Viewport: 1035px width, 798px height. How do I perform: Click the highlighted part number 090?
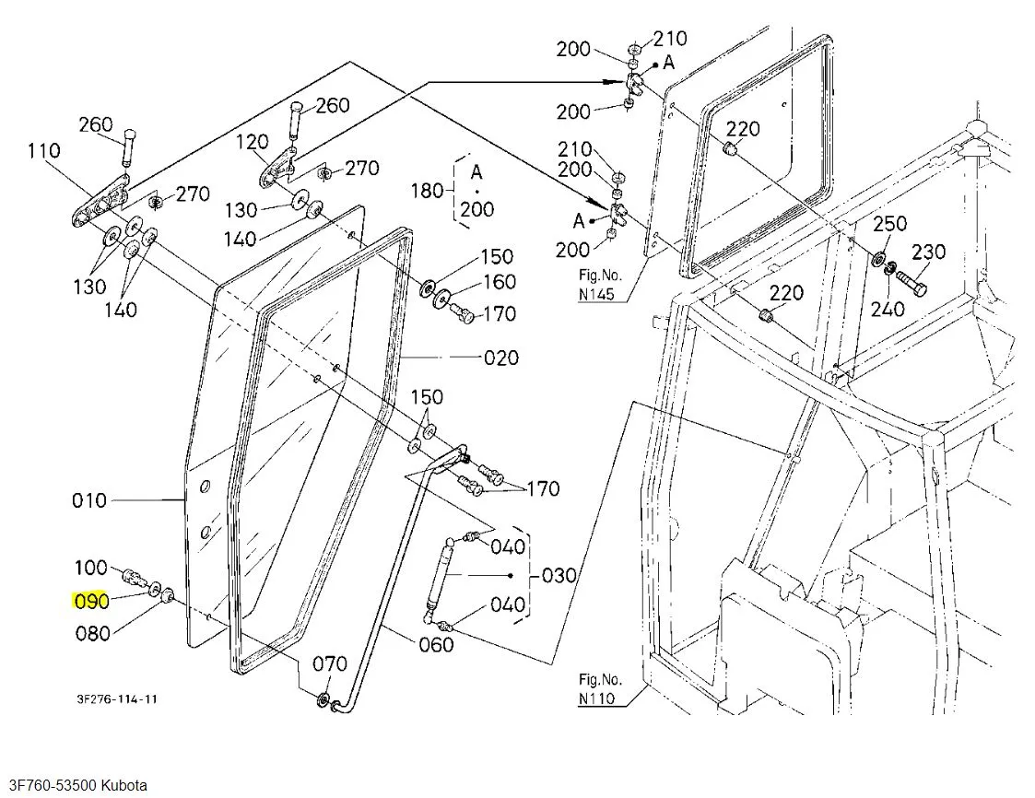point(91,601)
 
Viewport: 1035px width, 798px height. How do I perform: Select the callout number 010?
point(89,500)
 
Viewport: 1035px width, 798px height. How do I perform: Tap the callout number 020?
point(501,358)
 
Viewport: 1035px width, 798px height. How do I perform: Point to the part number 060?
point(435,643)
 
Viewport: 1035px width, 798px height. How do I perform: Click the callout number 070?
point(329,663)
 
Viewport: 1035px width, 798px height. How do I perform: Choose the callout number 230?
point(928,252)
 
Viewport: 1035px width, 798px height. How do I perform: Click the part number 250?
point(889,223)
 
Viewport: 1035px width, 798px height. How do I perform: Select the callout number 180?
point(427,191)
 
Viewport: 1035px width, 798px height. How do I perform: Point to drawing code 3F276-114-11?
point(116,698)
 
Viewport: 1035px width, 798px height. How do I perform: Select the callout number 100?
point(91,567)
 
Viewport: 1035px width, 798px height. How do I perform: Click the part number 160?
point(499,281)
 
